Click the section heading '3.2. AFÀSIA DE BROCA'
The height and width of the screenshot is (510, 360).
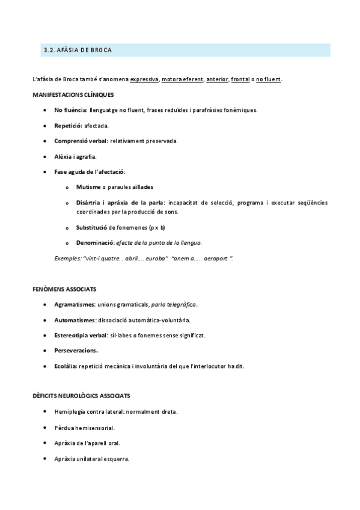(78, 50)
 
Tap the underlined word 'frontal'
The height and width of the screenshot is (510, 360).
(240, 79)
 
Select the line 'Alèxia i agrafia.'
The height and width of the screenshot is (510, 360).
(75, 156)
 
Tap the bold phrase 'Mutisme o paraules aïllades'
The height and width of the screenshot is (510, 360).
(115, 187)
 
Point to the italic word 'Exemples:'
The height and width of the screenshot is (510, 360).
(68, 258)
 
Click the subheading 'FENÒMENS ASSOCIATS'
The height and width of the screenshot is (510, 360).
(64, 289)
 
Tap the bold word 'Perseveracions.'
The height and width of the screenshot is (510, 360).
(76, 350)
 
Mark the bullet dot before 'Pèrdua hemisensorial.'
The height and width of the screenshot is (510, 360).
(46, 427)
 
